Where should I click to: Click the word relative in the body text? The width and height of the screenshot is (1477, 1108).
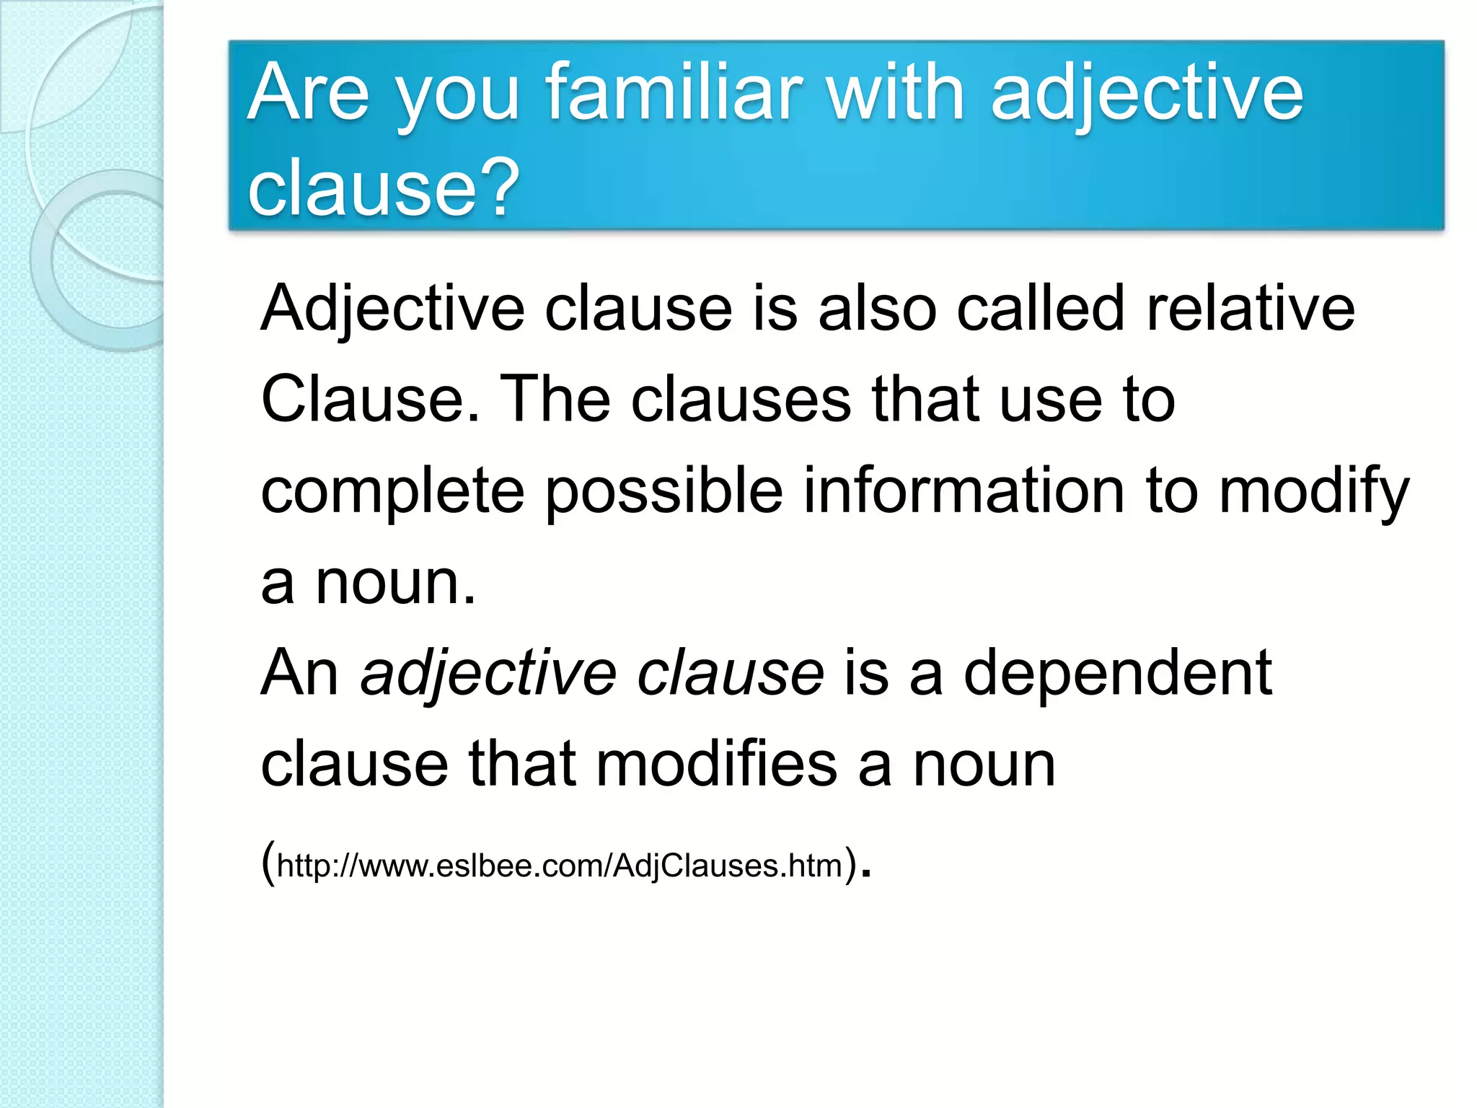pyautogui.click(x=1251, y=309)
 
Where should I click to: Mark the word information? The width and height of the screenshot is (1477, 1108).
pyautogui.click(x=964, y=491)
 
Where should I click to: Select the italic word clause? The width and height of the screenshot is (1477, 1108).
pyautogui.click(x=730, y=673)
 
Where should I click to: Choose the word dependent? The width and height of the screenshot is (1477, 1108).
pyautogui.click(x=1117, y=673)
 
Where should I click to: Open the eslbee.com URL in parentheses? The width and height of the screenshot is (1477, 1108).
pyautogui.click(x=560, y=865)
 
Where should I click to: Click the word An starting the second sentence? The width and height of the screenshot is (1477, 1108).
pyautogui.click(x=299, y=673)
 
